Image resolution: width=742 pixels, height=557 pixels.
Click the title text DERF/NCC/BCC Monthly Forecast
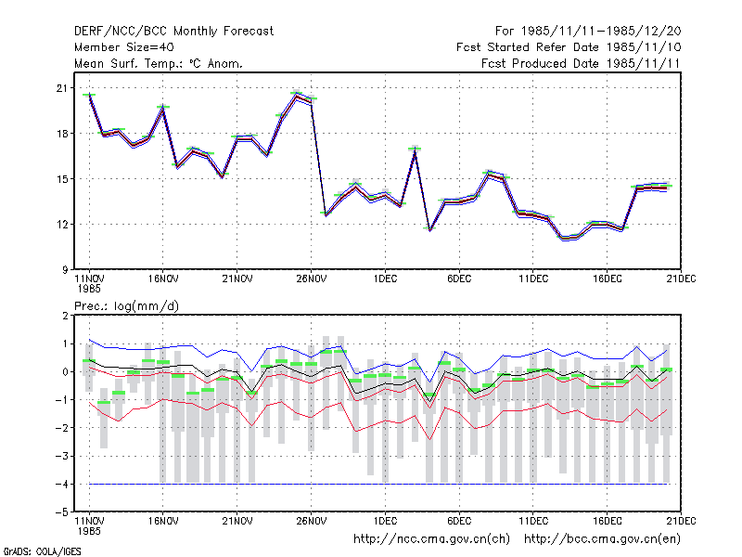coord(173,32)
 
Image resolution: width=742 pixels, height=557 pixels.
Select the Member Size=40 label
coord(124,47)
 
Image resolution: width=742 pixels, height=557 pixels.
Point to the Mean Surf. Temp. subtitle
coord(159,63)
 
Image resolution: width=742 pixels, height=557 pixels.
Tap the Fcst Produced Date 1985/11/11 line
coord(581,63)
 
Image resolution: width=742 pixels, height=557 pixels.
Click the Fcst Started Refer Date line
coord(569,47)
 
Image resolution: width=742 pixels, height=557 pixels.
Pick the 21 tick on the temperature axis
coord(62,88)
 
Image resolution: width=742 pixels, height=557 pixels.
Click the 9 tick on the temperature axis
coord(64,270)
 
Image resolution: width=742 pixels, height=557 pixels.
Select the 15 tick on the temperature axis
coord(62,179)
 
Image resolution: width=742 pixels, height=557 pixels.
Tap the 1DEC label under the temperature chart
coord(385,279)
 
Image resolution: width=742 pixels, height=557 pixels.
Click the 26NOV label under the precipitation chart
coord(312,521)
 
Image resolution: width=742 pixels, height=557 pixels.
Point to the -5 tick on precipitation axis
coord(62,512)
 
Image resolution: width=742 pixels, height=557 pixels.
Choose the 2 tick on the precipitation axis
coord(65,316)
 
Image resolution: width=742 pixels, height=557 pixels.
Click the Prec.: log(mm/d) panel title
coord(126,306)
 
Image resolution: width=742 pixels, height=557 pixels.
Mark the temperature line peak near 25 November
coord(297,96)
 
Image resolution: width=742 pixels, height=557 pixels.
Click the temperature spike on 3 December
coord(415,150)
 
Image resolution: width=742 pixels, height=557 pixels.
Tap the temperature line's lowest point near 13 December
coord(563,238)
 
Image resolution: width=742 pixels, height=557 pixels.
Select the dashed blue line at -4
coord(378,484)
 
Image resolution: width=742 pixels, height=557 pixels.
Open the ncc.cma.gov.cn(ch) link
coord(431,539)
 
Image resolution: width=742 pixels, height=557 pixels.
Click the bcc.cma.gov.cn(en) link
coord(602,539)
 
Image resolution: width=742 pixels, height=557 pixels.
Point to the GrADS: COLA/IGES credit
coord(42,551)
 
